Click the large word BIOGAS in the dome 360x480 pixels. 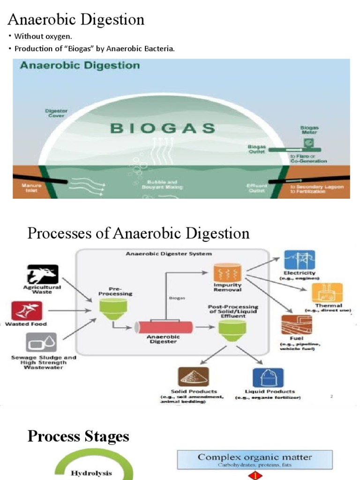162,128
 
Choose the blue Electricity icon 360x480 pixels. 299,260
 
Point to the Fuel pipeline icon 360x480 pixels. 293,324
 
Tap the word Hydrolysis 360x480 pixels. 91,473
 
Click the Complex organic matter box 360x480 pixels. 255,459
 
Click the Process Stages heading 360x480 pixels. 78,436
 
